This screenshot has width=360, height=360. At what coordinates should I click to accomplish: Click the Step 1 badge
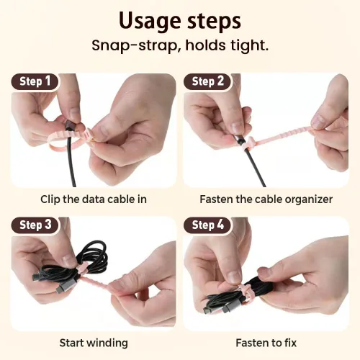35,81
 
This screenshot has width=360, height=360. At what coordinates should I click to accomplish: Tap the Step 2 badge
207,81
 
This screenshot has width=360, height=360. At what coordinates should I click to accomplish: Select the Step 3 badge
35,225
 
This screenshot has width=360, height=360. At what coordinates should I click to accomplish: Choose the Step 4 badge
207,225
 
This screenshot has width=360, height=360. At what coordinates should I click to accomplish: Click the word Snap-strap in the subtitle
135,45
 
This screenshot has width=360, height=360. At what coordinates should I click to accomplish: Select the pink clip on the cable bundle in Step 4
243,291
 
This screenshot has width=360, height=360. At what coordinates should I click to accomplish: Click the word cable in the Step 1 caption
120,199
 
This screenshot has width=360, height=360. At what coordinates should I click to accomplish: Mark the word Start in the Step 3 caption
71,343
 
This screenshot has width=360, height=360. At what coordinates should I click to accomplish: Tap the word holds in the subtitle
206,45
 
